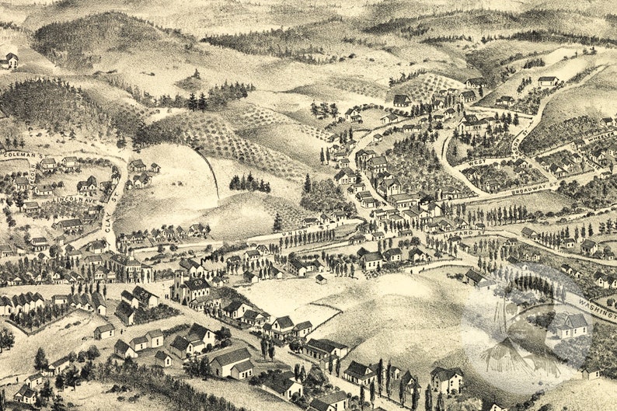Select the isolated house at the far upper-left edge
pos(9,61)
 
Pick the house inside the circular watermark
pos(571,325)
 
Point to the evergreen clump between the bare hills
pos(249,183)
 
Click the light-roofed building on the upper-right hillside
pos(549,80)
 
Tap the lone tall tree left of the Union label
pos(277,222)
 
